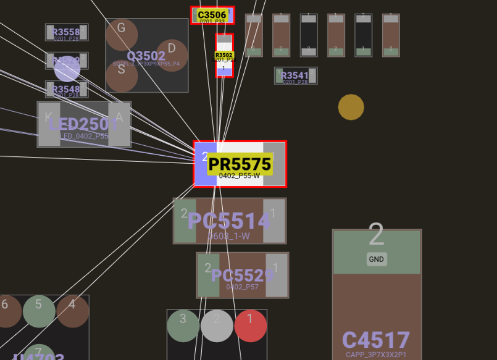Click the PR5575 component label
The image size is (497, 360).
(240, 164)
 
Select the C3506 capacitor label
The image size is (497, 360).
(212, 15)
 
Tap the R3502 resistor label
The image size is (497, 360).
(224, 55)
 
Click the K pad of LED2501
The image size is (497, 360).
(49, 124)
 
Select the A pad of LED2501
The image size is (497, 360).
(120, 124)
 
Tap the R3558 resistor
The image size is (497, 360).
(66, 32)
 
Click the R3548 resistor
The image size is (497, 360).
(66, 89)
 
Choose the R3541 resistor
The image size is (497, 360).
(295, 76)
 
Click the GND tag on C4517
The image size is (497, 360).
(376, 259)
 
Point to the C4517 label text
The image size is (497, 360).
(376, 340)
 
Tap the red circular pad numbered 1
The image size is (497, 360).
(251, 325)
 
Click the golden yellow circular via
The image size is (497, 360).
(351, 107)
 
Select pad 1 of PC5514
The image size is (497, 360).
(274, 221)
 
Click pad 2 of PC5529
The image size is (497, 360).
(208, 275)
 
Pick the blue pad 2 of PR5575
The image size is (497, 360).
(205, 164)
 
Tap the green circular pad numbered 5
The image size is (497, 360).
(39, 311)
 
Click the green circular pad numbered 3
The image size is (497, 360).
(183, 325)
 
